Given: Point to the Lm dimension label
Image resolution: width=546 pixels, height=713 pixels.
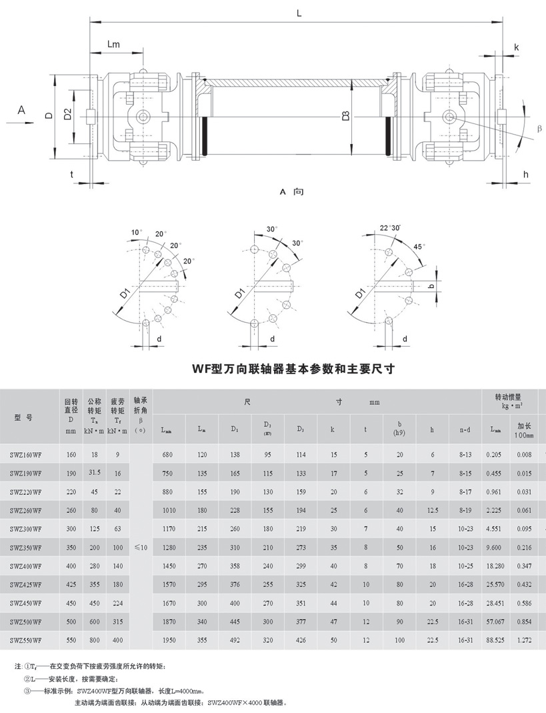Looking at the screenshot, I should [x=114, y=45].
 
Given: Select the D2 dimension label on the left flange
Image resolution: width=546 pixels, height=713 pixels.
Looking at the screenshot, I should [x=67, y=115].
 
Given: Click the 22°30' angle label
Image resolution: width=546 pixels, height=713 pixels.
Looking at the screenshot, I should [x=391, y=227].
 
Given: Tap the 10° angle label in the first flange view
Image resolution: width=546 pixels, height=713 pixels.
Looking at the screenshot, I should [x=136, y=232].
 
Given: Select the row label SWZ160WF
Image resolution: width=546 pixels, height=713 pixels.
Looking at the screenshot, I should [x=26, y=454].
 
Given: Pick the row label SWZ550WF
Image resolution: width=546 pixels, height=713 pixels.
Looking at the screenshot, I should [x=26, y=640].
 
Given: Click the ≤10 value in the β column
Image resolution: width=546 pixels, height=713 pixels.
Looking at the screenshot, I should [x=140, y=547].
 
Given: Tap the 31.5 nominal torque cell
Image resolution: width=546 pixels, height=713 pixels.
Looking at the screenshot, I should [x=95, y=473].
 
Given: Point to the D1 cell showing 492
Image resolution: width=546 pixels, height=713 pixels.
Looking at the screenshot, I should [x=235, y=640].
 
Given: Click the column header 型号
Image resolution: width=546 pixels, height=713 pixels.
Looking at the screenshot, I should [x=23, y=418].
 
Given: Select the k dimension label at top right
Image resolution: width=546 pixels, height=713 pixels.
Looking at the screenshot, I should [x=516, y=47].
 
